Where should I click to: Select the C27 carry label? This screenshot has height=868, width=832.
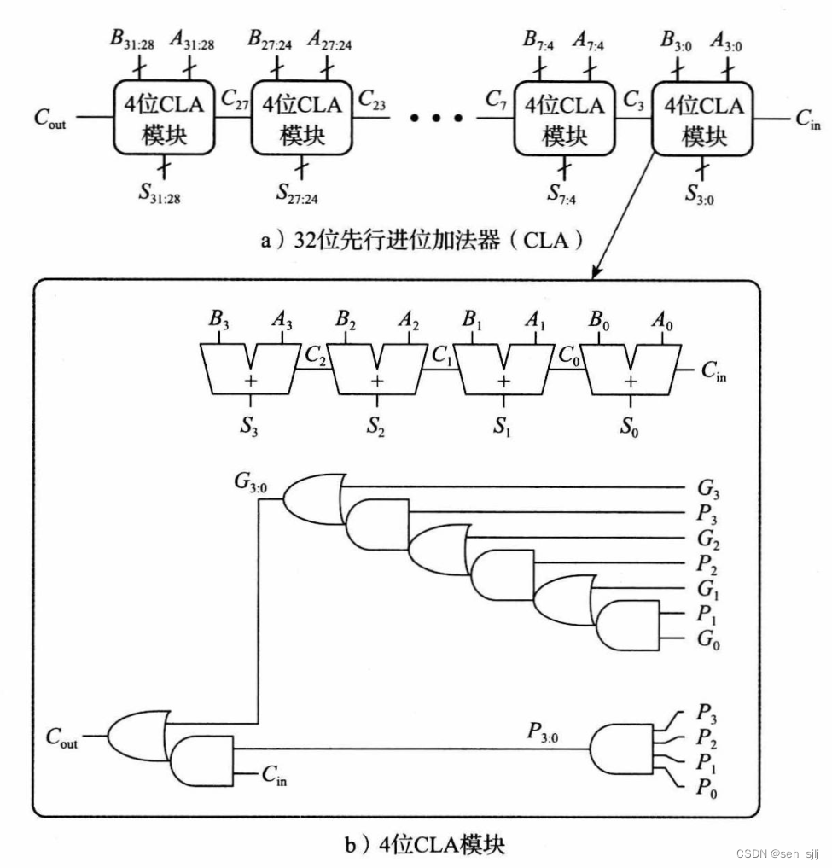pyautogui.click(x=235, y=101)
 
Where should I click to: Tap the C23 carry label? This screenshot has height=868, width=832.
pyautogui.click(x=371, y=101)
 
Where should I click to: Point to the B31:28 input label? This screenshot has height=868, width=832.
pyautogui.click(x=131, y=39)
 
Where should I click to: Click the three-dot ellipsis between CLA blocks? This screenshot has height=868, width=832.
pyautogui.click(x=435, y=118)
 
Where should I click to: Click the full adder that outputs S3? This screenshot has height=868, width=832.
pyautogui.click(x=250, y=368)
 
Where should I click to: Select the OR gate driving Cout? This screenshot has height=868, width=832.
pyautogui.click(x=137, y=733)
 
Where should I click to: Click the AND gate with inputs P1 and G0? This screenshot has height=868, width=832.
pyautogui.click(x=628, y=626)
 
